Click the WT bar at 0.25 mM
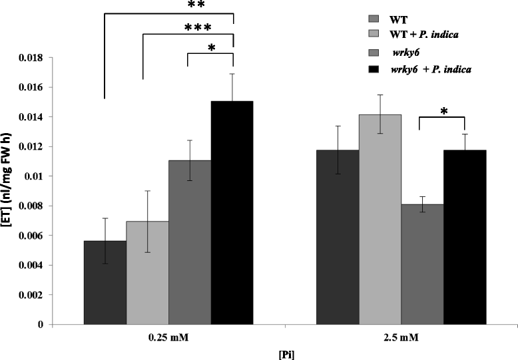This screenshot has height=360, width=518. tap(105, 282)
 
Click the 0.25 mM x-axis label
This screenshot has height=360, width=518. tap(168, 338)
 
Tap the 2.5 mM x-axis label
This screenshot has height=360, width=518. tap(401, 338)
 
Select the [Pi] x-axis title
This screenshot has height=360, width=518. tap(284, 353)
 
